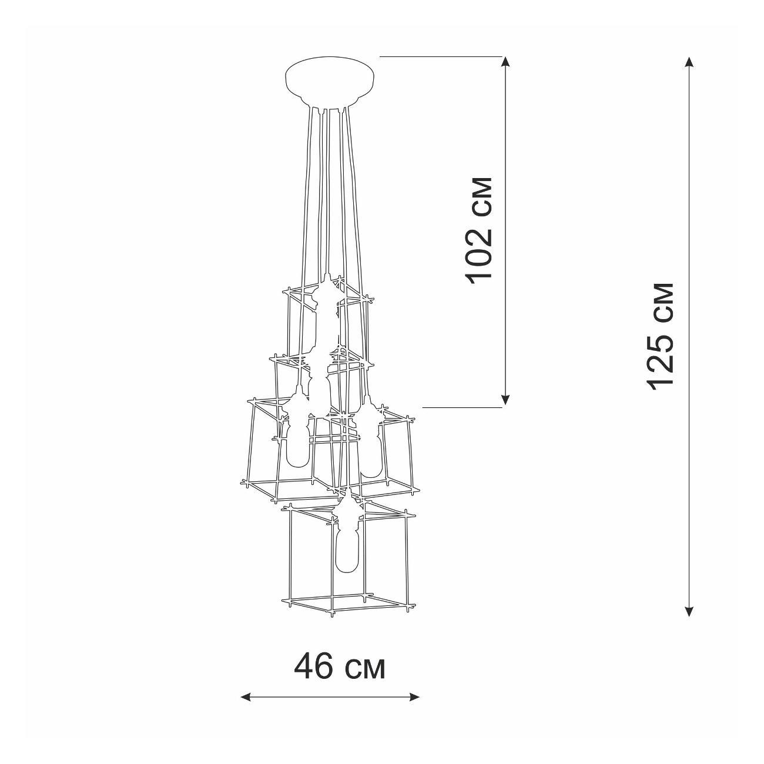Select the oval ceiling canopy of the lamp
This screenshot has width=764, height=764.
(330, 82)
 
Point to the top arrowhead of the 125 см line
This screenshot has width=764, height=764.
(689, 63)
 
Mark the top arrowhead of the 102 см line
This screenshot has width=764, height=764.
(505, 63)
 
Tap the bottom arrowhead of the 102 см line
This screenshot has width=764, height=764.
(505, 400)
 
